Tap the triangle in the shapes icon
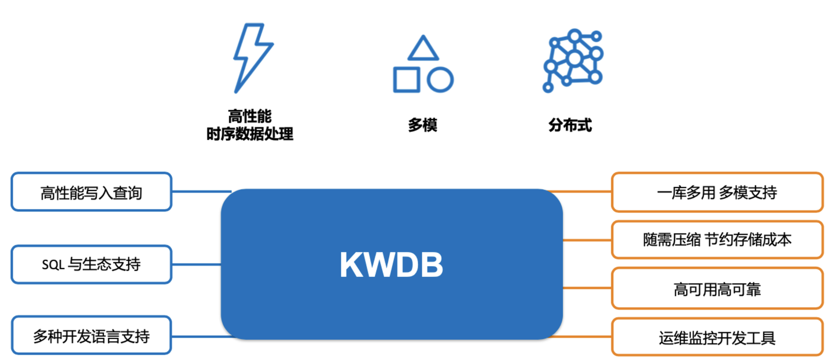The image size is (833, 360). coord(423,50)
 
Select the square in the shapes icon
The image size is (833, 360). coord(407,79)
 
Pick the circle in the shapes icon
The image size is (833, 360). coord(440,79)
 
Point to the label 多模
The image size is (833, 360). coord(422,125)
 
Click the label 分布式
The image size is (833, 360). coord(570,125)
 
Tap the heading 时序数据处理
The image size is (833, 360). coord(250,134)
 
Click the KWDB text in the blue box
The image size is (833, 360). coord(391,265)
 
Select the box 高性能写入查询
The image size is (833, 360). coord(91,192)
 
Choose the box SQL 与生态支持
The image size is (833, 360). coord(91,265)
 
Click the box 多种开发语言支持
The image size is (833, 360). coord(91,335)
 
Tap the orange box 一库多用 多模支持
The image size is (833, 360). coord(717,192)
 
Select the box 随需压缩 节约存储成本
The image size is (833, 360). coord(717,240)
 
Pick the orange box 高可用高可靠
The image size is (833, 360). coord(717,288)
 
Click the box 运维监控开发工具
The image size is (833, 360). coord(717,337)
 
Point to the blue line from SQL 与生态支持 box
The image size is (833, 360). coord(196,265)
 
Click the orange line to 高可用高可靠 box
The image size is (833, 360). coord(587,288)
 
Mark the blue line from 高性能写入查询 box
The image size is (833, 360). coord(201,191)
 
